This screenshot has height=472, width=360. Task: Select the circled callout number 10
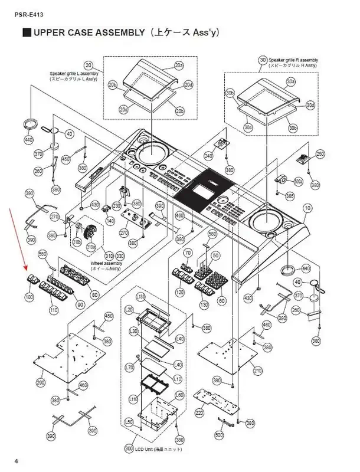307,209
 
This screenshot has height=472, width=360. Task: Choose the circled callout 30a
290,81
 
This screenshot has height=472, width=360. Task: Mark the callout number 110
54,310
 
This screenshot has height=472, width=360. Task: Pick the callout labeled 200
40,383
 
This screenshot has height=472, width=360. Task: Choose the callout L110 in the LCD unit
133,399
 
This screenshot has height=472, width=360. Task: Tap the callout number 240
208,156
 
